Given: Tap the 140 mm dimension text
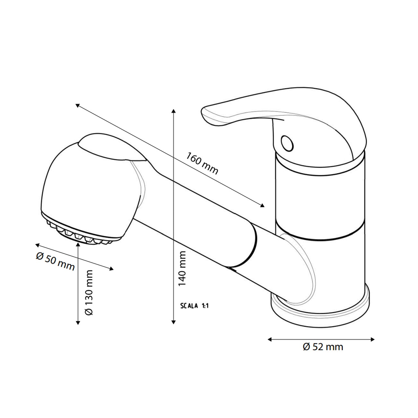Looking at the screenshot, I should tap(182, 268).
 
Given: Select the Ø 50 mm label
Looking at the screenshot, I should tap(55, 262).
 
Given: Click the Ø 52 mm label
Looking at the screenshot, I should tap(323, 347).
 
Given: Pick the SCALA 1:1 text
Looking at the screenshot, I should tap(194, 306).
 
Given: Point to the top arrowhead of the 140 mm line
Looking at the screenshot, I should tap(174, 111).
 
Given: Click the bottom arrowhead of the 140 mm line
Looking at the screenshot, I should tap(174, 322).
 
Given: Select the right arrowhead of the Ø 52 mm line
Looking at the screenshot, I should tap(373, 339).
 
